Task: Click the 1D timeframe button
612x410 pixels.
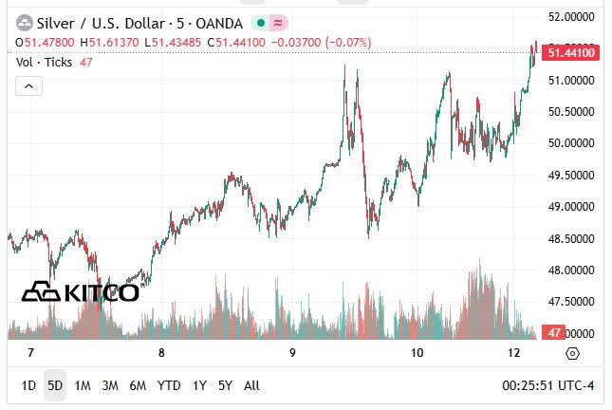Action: coord(28,385)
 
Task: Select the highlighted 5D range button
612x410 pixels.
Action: coord(55,385)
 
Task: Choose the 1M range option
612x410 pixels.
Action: coord(83,385)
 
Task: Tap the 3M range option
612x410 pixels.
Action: coord(110,385)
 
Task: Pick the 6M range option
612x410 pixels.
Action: coord(139,385)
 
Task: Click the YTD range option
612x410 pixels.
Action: coord(169,385)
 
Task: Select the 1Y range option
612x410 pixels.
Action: coord(199,385)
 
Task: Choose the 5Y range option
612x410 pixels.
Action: coord(225,385)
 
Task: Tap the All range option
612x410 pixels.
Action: coord(251,385)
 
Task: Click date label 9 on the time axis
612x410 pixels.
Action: coord(293,353)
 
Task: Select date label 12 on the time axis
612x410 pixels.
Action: coord(514,353)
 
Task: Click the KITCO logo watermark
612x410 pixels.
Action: coord(82,292)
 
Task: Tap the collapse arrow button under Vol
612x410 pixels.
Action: coord(29,85)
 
